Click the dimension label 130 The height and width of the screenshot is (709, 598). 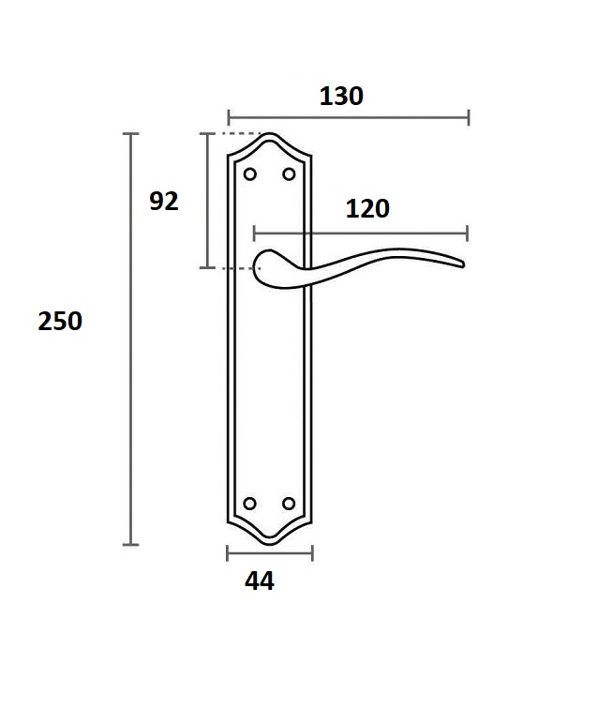click(x=341, y=96)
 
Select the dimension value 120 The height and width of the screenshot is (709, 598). click(x=367, y=208)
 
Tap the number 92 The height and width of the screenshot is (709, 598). click(x=164, y=201)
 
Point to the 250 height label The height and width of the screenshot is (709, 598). click(x=60, y=321)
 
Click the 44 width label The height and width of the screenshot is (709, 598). click(x=260, y=581)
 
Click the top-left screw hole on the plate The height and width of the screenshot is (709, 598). click(x=250, y=174)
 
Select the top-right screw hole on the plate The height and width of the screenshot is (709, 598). click(x=289, y=174)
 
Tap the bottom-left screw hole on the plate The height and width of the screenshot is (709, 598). click(x=250, y=504)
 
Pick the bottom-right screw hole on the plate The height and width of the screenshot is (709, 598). click(x=289, y=504)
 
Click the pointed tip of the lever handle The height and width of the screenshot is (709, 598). click(x=463, y=264)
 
